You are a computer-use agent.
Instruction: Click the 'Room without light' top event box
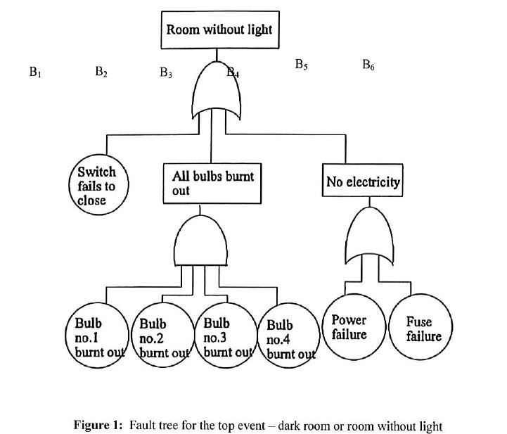point(218,30)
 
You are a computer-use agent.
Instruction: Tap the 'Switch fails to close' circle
point(97,186)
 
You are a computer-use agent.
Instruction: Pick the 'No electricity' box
point(363,183)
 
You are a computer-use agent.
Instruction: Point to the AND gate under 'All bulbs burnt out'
point(200,239)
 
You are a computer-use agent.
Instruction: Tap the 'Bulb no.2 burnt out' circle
point(162,338)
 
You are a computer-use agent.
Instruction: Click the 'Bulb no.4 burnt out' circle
point(288,339)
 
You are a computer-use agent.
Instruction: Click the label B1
point(36,72)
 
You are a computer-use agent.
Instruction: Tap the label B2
point(101,72)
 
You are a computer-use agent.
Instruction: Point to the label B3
point(166,72)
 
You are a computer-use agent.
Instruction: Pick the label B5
point(301,65)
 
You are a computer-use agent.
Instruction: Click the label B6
point(368,65)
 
